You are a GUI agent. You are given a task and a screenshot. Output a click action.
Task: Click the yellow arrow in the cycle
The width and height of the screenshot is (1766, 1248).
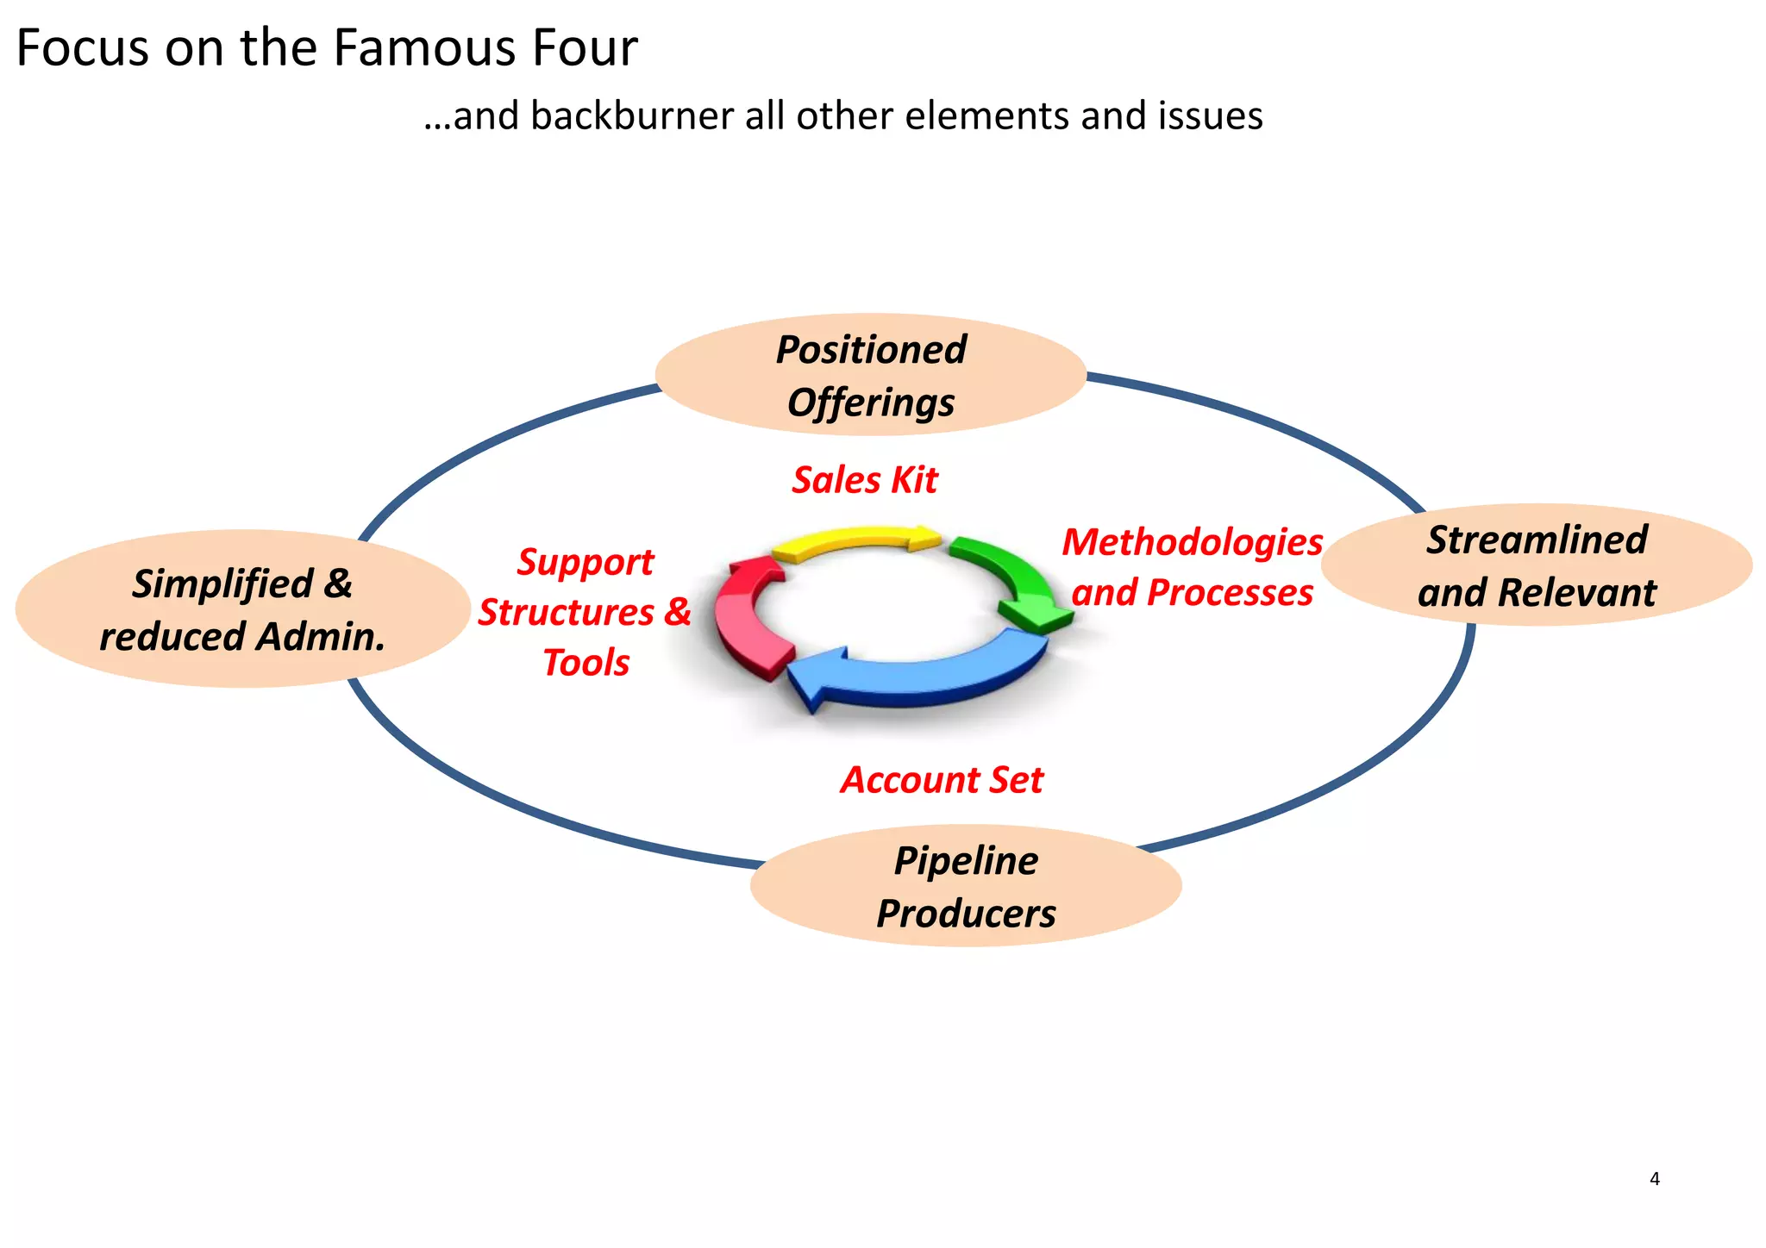854,541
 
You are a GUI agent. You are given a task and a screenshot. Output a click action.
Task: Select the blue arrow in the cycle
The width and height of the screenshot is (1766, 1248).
914,677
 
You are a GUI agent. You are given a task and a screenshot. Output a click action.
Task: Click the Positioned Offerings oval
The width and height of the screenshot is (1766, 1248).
870,375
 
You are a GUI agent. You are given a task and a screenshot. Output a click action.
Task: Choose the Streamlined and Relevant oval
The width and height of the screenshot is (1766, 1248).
1537,565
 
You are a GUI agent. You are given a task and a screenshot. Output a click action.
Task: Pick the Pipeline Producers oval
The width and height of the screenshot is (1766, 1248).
966,886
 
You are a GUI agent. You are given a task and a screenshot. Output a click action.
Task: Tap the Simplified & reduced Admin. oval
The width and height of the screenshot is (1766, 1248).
242,609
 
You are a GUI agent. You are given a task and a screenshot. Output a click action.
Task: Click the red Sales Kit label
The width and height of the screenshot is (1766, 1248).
865,480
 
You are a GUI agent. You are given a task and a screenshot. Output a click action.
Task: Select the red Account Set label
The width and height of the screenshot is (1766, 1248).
942,780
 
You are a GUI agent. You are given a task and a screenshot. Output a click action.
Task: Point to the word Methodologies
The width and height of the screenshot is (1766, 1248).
1192,542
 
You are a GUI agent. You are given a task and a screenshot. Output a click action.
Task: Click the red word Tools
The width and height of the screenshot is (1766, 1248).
586,663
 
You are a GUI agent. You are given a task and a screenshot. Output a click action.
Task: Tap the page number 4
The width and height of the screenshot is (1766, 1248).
1654,1179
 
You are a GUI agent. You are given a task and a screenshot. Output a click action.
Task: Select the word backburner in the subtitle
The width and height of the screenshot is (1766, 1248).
631,116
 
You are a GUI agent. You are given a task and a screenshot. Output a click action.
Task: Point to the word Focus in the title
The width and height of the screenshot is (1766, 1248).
83,48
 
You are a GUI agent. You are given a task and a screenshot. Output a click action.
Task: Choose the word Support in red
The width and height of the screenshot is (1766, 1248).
586,562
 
